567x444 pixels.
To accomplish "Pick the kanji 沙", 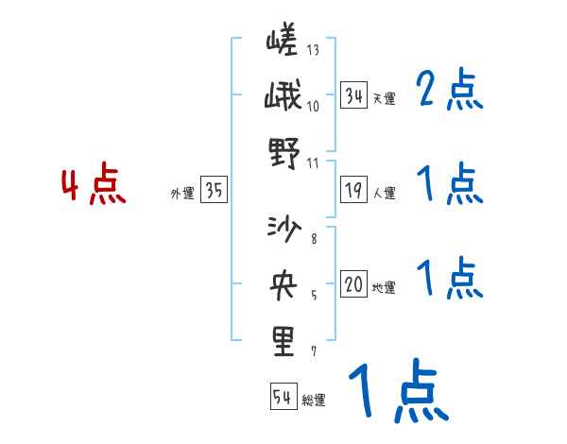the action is [283, 230].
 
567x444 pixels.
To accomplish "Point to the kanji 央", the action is [283, 284].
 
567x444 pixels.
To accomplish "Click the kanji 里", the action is [283, 341].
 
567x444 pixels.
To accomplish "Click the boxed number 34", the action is [353, 95].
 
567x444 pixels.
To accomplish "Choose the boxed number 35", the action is [214, 192].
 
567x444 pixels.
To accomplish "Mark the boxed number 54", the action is [283, 397].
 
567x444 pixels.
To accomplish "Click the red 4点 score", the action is [92, 187].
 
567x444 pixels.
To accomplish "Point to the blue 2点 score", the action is [449, 91].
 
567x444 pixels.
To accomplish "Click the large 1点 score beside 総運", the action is [398, 392].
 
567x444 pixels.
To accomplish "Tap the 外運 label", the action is [181, 194].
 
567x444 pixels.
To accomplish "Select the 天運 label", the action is [384, 98].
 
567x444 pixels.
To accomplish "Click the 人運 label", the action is [384, 194].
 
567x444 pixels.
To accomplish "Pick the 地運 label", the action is [384, 288].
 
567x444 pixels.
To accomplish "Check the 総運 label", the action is [314, 400].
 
